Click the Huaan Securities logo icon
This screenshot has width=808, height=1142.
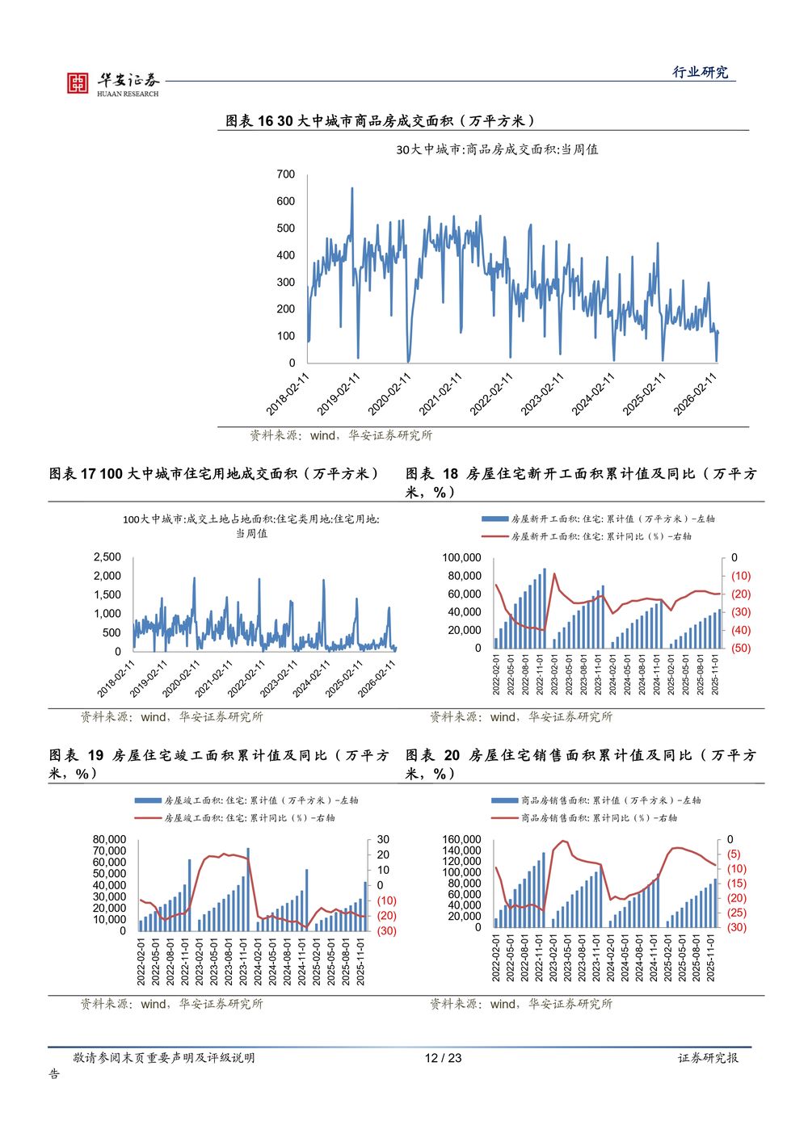click(78, 82)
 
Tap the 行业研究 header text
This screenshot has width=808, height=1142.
click(701, 72)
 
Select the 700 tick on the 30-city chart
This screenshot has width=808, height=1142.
click(286, 174)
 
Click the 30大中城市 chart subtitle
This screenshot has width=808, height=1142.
click(497, 149)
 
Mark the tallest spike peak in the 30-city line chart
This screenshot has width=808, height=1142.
click(351, 189)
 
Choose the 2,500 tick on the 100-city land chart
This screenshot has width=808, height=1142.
click(107, 557)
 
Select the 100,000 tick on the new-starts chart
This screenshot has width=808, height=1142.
click(461, 558)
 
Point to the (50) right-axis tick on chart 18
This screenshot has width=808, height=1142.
click(741, 648)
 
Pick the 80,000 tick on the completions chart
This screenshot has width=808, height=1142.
click(110, 840)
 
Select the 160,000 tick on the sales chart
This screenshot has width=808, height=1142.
click(462, 840)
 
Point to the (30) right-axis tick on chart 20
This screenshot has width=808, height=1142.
click(737, 927)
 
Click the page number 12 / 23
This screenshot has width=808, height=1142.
click(444, 1058)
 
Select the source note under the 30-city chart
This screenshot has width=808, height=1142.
click(341, 435)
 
